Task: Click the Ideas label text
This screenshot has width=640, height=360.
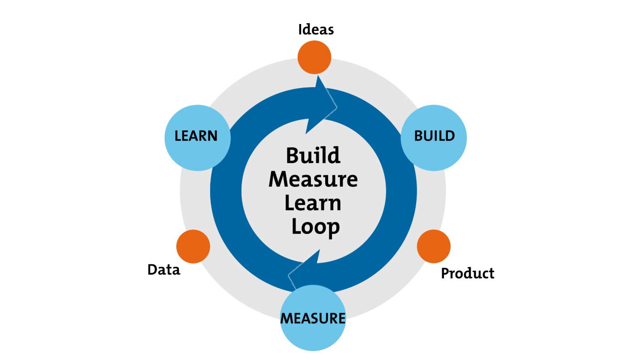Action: click(x=316, y=30)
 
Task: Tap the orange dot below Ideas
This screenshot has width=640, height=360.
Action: click(x=314, y=57)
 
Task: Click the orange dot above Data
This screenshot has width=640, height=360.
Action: click(x=193, y=246)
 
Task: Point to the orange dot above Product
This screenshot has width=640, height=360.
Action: click(x=434, y=246)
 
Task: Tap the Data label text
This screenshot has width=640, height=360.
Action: click(x=164, y=270)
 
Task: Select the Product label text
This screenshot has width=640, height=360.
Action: click(x=468, y=273)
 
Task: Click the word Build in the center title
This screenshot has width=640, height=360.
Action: click(x=313, y=155)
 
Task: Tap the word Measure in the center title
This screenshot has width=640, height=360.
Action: click(x=313, y=179)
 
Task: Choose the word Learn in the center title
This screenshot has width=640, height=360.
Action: click(x=313, y=203)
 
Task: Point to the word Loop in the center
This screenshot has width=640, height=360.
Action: click(x=316, y=227)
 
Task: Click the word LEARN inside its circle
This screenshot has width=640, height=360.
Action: click(x=196, y=136)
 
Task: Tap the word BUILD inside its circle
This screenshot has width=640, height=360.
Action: click(x=434, y=136)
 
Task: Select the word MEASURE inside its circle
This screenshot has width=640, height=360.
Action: click(x=313, y=318)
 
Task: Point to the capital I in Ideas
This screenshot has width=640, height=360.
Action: click(x=300, y=30)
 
